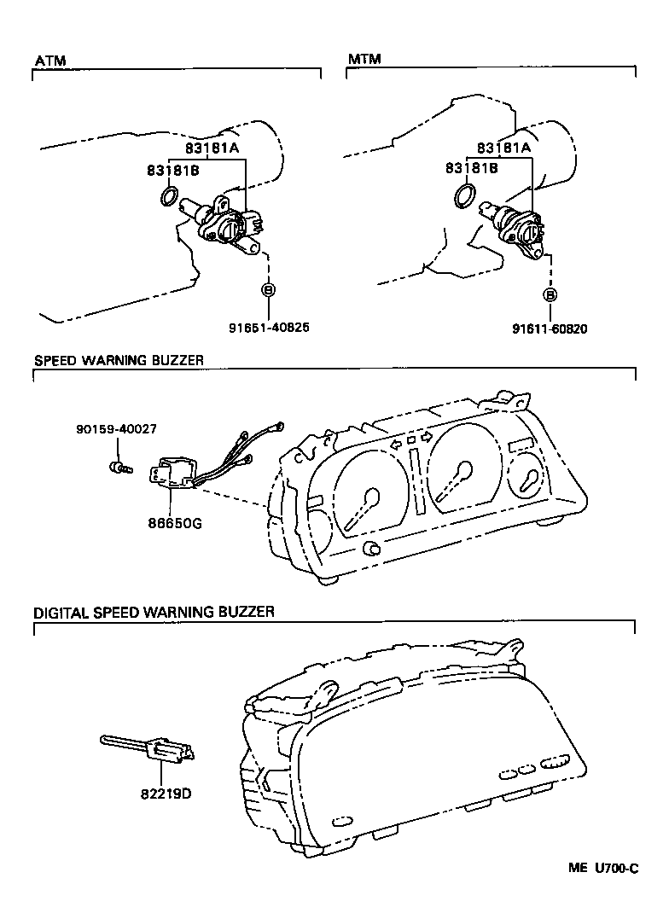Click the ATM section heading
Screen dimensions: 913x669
coord(49,60)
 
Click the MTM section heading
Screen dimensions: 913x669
coord(364,59)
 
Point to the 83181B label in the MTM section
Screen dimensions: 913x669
coord(472,169)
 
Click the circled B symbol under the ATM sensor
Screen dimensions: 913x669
coord(268,289)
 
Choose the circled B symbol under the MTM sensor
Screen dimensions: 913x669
coord(550,294)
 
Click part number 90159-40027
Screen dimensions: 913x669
coord(115,429)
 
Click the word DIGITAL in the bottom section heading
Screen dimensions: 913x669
coord(61,612)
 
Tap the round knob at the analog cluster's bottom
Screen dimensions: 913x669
coord(371,547)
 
